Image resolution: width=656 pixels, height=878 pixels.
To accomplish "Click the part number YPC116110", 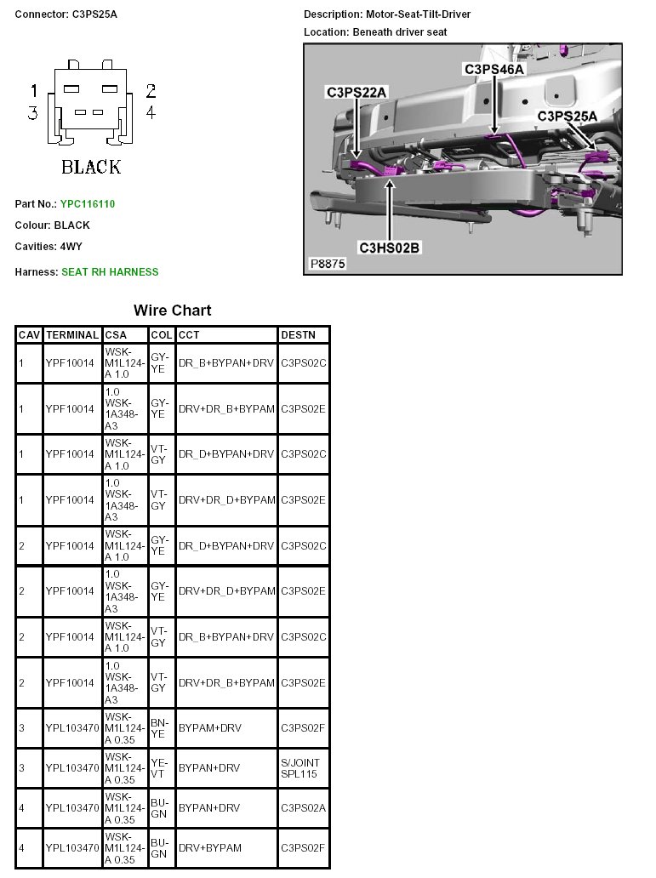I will pyautogui.click(x=87, y=204).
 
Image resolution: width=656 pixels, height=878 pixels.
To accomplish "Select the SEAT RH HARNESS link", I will pyautogui.click(x=109, y=272).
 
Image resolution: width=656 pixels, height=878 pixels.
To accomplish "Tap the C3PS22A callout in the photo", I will pyautogui.click(x=357, y=92).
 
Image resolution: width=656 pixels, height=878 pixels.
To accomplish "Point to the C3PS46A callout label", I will pyautogui.click(x=493, y=69).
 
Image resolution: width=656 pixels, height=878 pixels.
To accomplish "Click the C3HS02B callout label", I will pyautogui.click(x=390, y=248).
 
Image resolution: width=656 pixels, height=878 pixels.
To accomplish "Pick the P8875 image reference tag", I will pyautogui.click(x=328, y=264).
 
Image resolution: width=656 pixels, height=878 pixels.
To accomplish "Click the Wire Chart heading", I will pyautogui.click(x=172, y=311).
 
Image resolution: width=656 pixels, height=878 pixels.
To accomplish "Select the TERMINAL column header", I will pyautogui.click(x=72, y=335).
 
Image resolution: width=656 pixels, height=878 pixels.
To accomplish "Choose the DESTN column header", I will pyautogui.click(x=298, y=335).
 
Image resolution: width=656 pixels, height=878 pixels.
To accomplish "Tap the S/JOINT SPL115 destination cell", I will pyautogui.click(x=301, y=768).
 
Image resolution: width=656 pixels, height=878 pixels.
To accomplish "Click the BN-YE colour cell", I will pyautogui.click(x=159, y=728).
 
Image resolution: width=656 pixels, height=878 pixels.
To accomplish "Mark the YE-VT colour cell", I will pyautogui.click(x=159, y=768).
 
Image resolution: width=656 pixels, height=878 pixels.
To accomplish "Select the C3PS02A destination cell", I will pyautogui.click(x=303, y=808).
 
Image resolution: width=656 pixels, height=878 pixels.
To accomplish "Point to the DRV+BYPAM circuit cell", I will pyautogui.click(x=210, y=848).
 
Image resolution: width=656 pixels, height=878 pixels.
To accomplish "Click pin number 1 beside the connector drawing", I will pyautogui.click(x=34, y=91).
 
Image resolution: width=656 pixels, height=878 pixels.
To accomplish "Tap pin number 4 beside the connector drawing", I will pyautogui.click(x=151, y=112).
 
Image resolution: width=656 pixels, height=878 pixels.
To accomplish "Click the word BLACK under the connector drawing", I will pyautogui.click(x=91, y=167).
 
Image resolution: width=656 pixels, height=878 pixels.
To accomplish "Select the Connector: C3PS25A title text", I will pyautogui.click(x=66, y=15).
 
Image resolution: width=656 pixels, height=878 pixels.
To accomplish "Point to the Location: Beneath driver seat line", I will pyautogui.click(x=375, y=32).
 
